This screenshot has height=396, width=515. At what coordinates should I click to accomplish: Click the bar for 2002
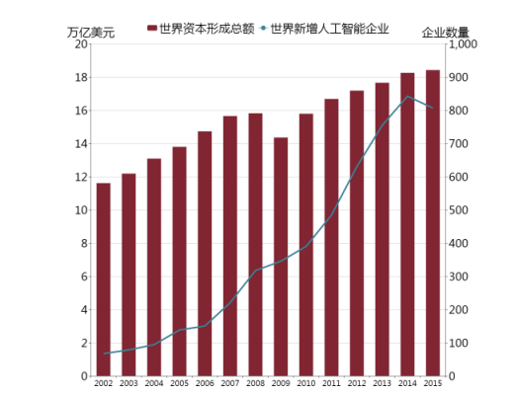(103, 279)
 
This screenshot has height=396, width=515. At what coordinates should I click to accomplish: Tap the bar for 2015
(433, 223)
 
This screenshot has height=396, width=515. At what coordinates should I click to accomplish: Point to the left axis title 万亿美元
(91, 33)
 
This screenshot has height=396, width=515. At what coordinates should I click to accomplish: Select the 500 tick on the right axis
(461, 210)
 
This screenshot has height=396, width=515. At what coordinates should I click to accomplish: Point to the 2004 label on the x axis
(154, 383)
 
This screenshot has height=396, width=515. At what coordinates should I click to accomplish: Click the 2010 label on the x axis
(306, 383)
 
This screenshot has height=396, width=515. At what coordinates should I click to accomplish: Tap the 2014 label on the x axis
(407, 383)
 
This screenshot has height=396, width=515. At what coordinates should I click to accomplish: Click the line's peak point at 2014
(407, 97)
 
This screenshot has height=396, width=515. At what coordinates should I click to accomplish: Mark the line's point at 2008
(255, 271)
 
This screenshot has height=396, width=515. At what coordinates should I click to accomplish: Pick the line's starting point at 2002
(103, 354)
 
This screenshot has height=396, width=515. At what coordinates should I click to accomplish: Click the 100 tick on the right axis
(461, 344)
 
